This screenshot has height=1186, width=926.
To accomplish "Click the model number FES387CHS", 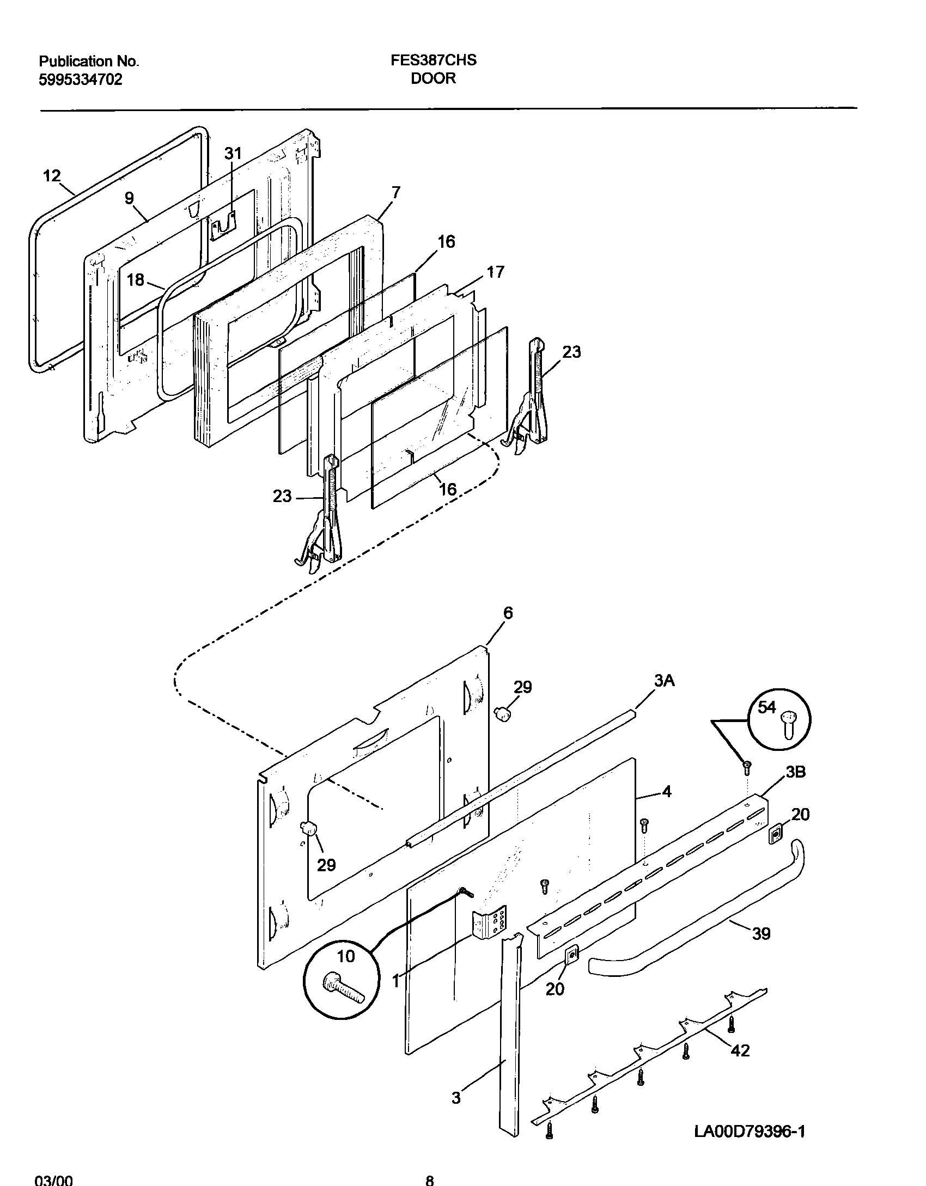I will (x=433, y=60).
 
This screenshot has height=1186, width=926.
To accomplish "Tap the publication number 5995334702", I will (x=81, y=80).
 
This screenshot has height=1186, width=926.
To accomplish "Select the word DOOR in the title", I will (x=433, y=78).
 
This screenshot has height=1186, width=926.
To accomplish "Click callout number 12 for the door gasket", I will (x=52, y=176).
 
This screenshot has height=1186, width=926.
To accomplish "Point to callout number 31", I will (x=233, y=154).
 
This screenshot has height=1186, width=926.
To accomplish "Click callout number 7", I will (x=396, y=192).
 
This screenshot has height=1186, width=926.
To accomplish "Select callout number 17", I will (x=495, y=272).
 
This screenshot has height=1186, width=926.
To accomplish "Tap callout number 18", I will (x=136, y=280).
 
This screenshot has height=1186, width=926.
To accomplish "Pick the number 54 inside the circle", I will (x=766, y=707).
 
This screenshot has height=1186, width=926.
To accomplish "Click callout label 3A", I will (x=664, y=680).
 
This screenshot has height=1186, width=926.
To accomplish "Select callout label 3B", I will (x=795, y=772).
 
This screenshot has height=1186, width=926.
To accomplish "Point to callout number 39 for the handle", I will (x=761, y=934).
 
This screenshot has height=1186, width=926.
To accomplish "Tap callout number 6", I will (x=508, y=613).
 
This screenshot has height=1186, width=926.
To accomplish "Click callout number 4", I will (x=667, y=792).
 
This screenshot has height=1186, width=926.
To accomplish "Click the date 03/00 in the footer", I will (x=53, y=1177).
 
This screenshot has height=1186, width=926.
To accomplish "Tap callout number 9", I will (x=129, y=198).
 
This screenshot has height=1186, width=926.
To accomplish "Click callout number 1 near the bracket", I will (x=396, y=981).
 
